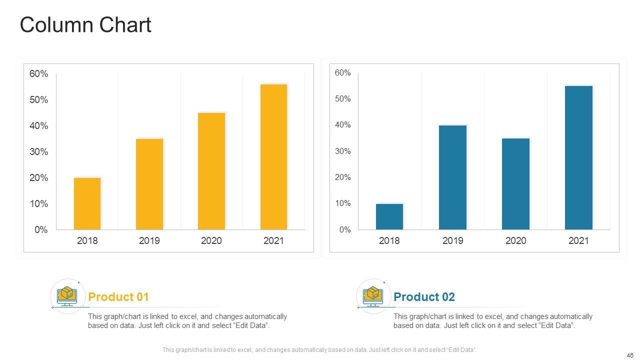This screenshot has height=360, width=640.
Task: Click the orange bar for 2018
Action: tap(87, 203)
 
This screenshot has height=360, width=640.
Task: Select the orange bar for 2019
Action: tap(149, 184)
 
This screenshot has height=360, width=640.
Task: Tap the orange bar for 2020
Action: tap(211, 171)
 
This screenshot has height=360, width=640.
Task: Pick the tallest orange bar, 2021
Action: tap(273, 157)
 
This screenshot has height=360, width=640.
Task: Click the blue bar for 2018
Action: tap(389, 216)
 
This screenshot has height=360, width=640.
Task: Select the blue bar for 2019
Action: tap(452, 177)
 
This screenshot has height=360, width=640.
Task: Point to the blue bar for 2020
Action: tap(515, 184)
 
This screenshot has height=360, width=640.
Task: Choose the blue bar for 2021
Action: tap(578, 158)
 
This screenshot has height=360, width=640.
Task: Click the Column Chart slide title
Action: tap(85, 25)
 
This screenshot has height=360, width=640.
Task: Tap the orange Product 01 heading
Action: tap(118, 297)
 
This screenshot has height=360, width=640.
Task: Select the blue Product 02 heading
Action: tap(424, 297)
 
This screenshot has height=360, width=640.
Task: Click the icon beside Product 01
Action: tap(67, 296)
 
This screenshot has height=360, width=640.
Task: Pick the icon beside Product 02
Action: tap(373, 296)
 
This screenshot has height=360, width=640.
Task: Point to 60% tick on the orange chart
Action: tap(38, 74)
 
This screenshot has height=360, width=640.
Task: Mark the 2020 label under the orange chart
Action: tap(211, 241)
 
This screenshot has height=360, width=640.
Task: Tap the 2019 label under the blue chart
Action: tap(452, 241)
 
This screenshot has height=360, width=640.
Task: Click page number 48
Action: tap(629, 355)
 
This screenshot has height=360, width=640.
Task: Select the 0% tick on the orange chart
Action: tap(41, 230)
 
